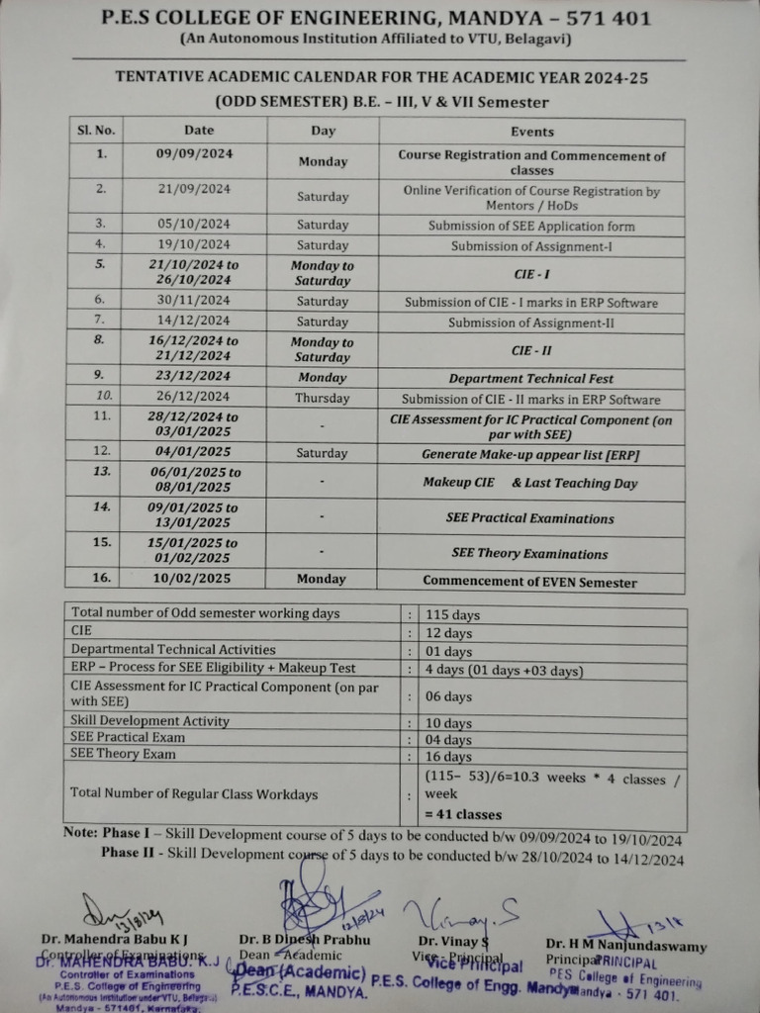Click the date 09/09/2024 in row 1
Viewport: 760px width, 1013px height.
(194, 153)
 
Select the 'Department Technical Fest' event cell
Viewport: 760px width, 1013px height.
(530, 378)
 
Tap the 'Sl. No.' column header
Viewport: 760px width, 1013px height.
(96, 130)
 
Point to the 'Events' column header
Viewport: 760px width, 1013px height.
(531, 131)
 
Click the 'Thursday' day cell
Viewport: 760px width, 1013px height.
(323, 398)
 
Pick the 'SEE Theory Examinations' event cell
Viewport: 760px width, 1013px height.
(529, 553)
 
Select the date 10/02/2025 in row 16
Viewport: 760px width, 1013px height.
(194, 578)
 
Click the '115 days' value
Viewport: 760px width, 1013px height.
(452, 614)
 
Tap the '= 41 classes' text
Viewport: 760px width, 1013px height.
(463, 814)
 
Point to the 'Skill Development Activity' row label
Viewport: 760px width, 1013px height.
(139, 720)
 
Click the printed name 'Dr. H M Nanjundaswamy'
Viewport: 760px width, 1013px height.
(625, 946)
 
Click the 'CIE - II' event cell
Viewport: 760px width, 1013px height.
(530, 349)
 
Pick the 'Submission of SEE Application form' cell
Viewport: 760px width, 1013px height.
(530, 226)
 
